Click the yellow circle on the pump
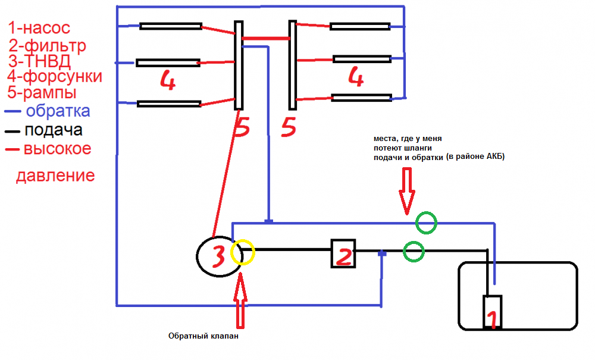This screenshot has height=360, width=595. [x=242, y=252]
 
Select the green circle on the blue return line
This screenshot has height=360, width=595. [x=426, y=224]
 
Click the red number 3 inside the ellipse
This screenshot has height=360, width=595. [x=218, y=256]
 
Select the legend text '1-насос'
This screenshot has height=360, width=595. [x=39, y=28]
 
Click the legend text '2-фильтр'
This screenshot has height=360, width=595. [x=48, y=45]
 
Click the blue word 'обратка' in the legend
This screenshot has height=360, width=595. [x=57, y=111]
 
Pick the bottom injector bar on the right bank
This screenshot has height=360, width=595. [x=361, y=98]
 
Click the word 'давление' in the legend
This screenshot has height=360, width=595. [x=55, y=176]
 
